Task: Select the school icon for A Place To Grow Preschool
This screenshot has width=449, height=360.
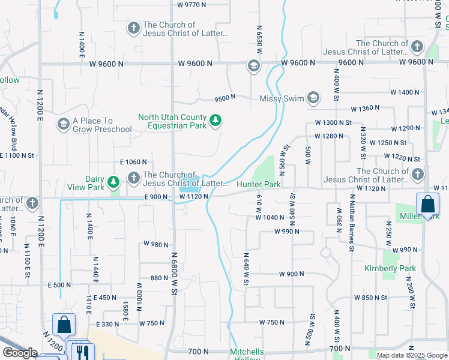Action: point(63,125)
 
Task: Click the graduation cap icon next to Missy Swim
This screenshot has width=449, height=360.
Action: point(313,98)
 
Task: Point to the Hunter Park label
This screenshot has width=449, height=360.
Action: point(259,185)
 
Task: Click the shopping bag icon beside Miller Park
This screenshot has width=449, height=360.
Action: point(427,204)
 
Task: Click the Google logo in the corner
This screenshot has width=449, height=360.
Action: point(20,353)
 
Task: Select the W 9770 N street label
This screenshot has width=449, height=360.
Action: point(191,5)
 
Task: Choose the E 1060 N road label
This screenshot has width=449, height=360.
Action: point(133,162)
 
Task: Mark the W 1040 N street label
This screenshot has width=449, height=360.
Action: point(277,217)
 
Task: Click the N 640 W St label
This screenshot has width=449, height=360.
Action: point(246,268)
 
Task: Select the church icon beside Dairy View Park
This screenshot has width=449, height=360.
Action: point(133,178)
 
